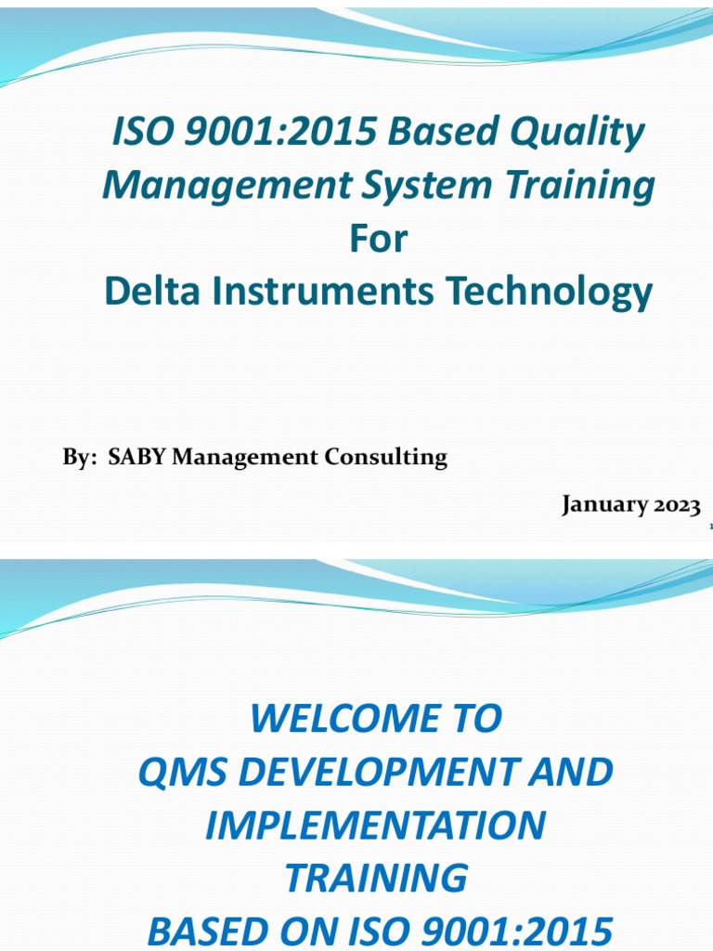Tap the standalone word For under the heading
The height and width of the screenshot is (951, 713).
(x=378, y=240)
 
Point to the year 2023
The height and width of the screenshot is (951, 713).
(x=676, y=505)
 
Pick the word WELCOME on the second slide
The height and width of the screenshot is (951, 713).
(x=343, y=719)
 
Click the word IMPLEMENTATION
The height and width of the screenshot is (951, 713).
(x=375, y=826)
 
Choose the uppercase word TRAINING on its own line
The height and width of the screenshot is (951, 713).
(x=375, y=878)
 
